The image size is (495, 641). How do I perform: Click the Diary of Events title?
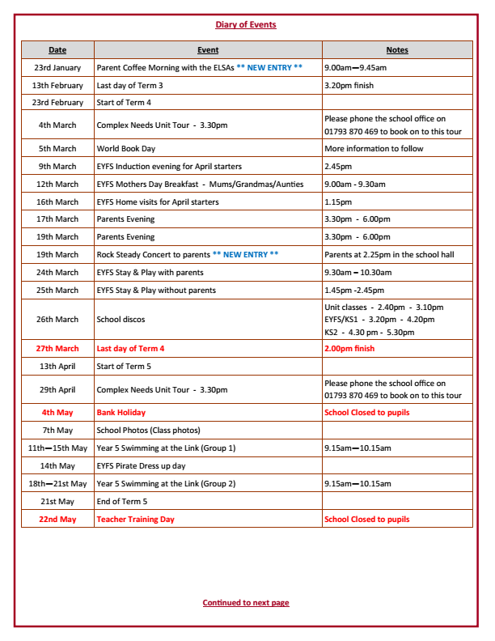(246, 24)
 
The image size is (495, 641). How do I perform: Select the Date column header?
(57, 50)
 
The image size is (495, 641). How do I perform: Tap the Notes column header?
(397, 50)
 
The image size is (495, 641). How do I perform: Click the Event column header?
(208, 50)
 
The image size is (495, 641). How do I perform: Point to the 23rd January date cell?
(57, 68)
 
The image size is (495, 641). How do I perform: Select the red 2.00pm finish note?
(349, 349)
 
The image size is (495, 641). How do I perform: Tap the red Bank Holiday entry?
(121, 413)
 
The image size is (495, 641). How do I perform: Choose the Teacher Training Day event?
(135, 520)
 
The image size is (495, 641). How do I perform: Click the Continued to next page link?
(246, 603)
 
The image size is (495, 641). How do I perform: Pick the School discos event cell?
(121, 320)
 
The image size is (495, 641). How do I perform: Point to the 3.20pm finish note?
(349, 86)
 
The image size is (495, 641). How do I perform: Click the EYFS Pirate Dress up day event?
(141, 466)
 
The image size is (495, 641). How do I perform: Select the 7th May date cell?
(57, 431)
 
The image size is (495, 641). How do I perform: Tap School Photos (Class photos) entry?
(148, 431)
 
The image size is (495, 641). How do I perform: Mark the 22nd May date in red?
(57, 520)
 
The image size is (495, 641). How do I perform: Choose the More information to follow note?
(374, 149)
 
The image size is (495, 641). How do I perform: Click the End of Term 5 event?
(122, 502)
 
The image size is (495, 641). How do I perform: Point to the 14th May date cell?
(57, 466)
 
